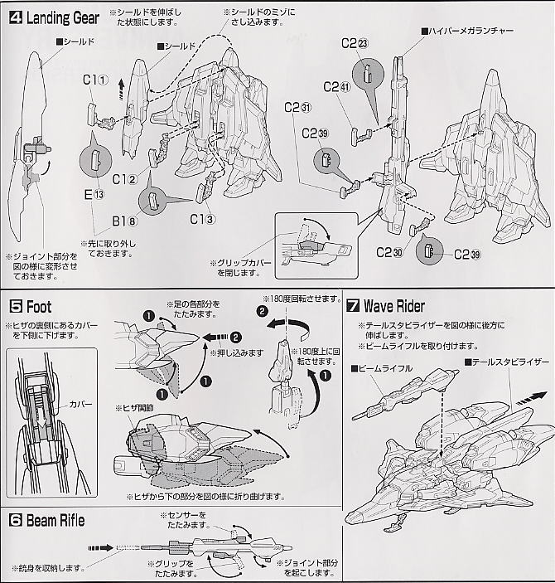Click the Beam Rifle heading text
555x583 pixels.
[x=56, y=521]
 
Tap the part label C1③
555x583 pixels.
[x=202, y=219]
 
